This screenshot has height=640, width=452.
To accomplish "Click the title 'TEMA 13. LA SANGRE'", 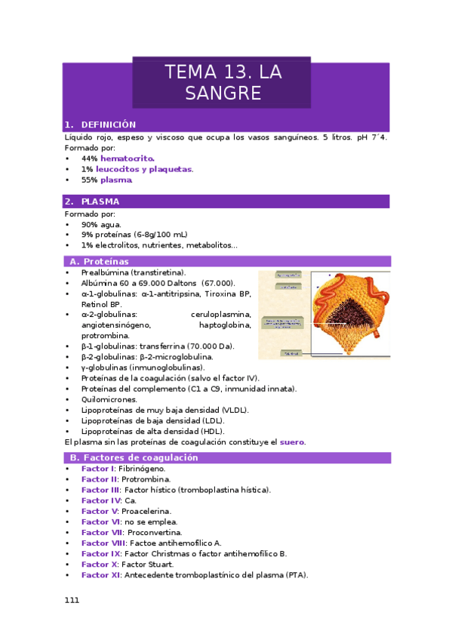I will (223, 82).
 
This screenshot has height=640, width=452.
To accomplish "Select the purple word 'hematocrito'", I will (127, 158).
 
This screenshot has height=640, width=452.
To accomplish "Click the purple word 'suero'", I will (292, 442).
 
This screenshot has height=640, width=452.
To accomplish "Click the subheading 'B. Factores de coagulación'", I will (134, 457).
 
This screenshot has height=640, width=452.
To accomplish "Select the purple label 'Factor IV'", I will (101, 500).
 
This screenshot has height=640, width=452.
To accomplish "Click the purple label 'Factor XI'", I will (101, 574).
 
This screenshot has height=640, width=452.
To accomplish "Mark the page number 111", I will (72, 600).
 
